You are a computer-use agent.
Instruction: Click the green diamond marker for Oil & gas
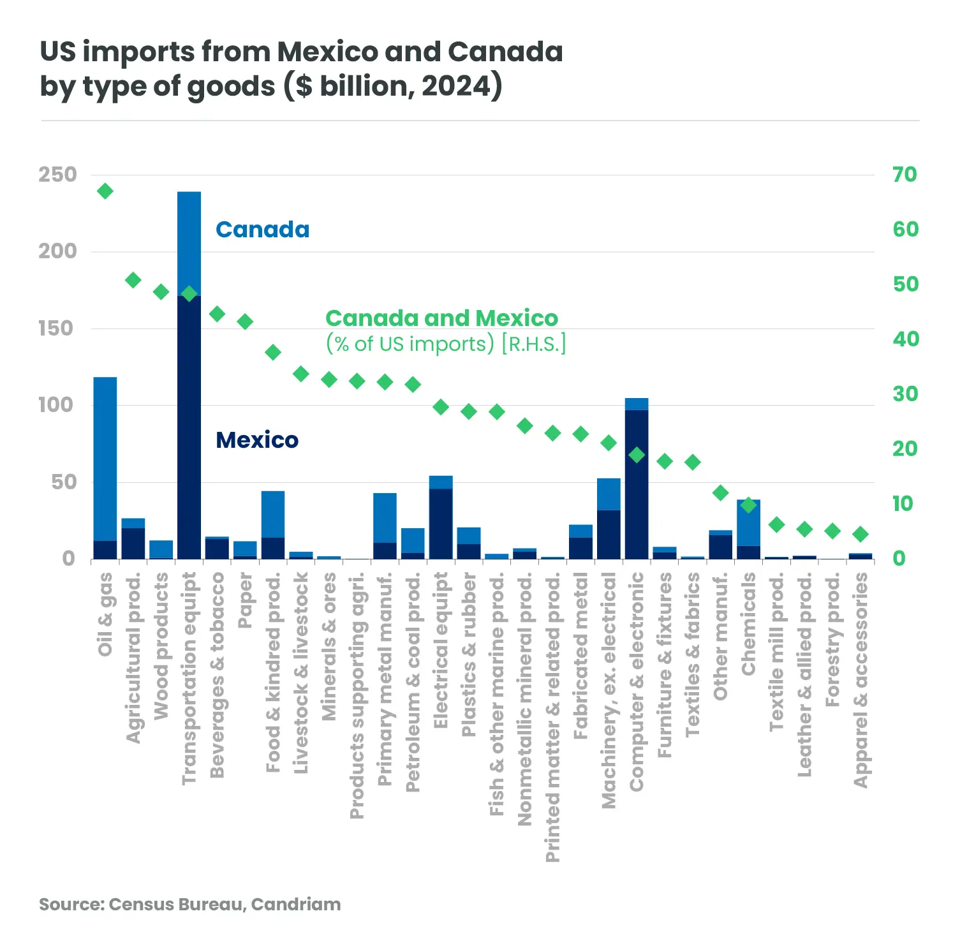click(105, 191)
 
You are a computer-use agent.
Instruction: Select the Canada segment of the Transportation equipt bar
click(189, 242)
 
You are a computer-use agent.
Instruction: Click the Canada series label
click(262, 230)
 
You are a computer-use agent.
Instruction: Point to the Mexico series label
click(257, 440)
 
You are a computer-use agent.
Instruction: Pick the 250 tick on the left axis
click(57, 175)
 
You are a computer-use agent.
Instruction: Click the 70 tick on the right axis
click(905, 174)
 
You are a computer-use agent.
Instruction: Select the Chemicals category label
click(749, 624)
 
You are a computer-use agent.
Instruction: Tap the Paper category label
click(246, 600)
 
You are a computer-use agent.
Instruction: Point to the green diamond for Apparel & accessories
click(861, 535)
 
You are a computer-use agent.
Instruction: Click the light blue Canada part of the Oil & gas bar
click(105, 459)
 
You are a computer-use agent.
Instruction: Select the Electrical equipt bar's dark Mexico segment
click(441, 524)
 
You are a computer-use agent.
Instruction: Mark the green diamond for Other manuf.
click(721, 492)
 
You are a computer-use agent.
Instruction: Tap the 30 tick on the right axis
click(905, 394)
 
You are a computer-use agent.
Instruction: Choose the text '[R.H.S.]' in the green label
click(534, 344)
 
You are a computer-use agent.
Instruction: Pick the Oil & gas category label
click(105, 614)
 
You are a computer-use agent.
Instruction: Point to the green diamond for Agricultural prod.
click(133, 280)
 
